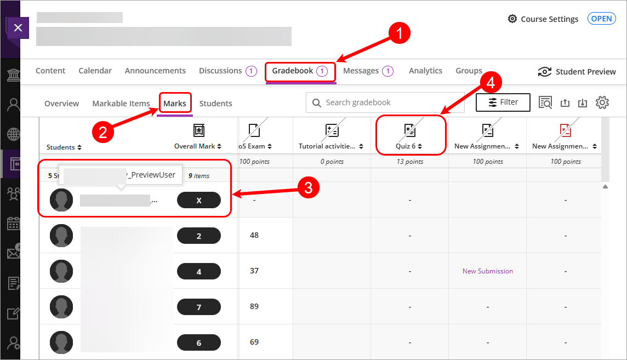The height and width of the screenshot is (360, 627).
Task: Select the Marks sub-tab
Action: point(175,104)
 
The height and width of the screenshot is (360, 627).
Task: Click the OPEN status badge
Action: point(601,19)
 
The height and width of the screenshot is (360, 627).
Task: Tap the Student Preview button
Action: point(577,72)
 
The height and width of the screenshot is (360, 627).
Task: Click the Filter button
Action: point(503,102)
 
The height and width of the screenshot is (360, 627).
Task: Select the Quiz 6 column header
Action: point(409,137)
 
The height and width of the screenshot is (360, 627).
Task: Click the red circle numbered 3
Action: point(309,188)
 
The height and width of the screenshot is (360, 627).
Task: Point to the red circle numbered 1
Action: point(400,33)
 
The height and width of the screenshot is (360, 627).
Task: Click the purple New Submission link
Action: point(487,271)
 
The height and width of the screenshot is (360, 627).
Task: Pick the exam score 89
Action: point(254,306)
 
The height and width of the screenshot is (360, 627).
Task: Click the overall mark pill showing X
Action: point(199,201)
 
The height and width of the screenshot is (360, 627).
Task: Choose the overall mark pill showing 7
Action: point(199,307)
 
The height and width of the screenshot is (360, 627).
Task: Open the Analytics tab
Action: point(425,71)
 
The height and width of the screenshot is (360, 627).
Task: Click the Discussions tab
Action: point(220,71)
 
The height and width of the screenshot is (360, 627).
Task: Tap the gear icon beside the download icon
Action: point(602,102)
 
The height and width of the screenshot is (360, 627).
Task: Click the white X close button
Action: point(18,28)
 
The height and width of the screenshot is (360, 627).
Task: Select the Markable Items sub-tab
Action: point(121,104)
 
